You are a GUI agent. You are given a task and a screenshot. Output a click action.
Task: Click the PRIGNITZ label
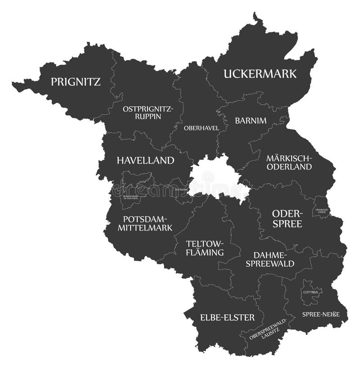[x=75, y=82]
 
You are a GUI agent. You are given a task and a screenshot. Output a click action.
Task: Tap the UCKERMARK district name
[x=260, y=73]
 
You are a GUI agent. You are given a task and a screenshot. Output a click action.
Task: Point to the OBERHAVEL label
[x=201, y=128]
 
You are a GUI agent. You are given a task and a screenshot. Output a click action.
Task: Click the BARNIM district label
[x=251, y=120]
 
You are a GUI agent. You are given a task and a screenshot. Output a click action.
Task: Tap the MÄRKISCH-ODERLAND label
[x=288, y=162]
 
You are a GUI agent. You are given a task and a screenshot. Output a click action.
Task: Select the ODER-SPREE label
[x=287, y=218]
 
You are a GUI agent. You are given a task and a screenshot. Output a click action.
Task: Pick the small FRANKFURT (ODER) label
[x=321, y=210]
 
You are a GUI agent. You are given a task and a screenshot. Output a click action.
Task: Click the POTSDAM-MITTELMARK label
[x=145, y=223]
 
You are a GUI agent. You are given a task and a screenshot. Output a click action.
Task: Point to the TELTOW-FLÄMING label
[x=205, y=248]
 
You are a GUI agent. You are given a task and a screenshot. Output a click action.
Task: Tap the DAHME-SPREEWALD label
[x=270, y=259]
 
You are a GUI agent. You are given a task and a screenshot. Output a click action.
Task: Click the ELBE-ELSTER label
[x=227, y=317]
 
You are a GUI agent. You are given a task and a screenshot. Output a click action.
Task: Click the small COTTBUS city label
[x=310, y=292]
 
